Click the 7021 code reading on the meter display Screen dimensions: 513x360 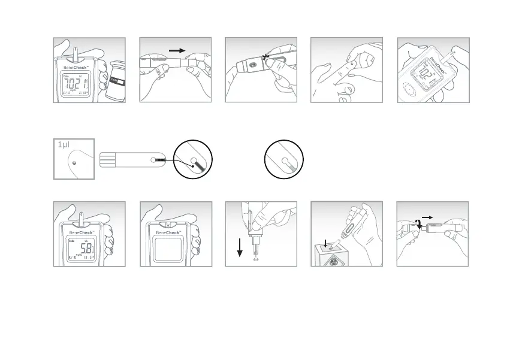tap(78, 85)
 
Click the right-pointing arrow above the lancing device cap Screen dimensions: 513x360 tap(177, 51)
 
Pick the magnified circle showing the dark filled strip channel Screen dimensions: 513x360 tap(193, 161)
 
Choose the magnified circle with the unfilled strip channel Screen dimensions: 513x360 tap(284, 161)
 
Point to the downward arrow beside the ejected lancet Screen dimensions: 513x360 tap(239, 246)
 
